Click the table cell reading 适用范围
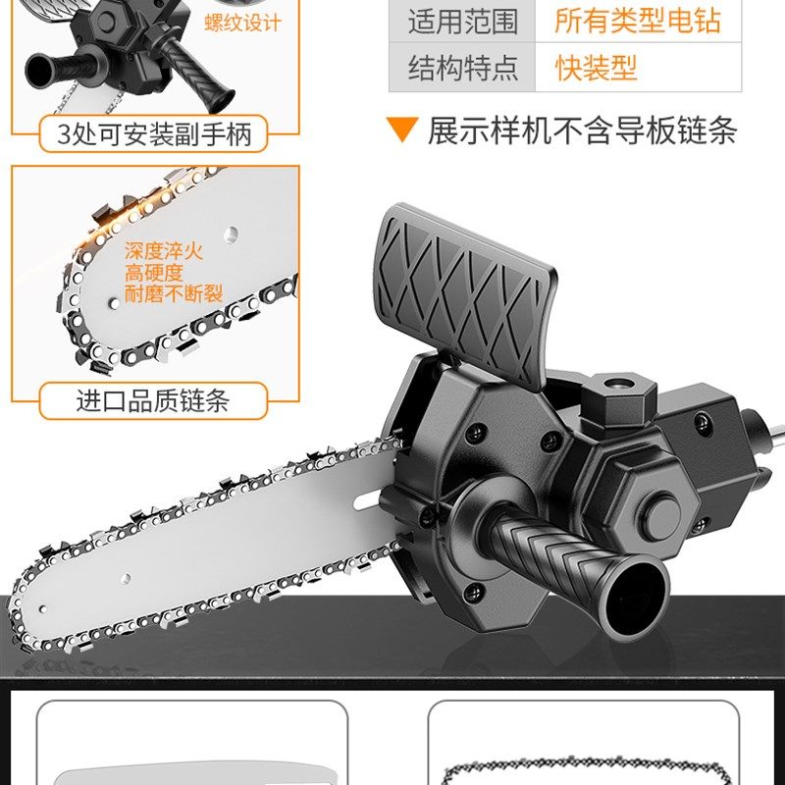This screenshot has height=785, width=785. (x=462, y=20)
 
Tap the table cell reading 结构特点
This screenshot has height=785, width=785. (x=462, y=68)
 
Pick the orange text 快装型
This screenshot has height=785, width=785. (x=596, y=68)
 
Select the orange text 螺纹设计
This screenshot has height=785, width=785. (x=241, y=22)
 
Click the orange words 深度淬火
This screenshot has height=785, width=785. (x=164, y=251)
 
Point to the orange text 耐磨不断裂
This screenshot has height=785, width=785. (x=174, y=293)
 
